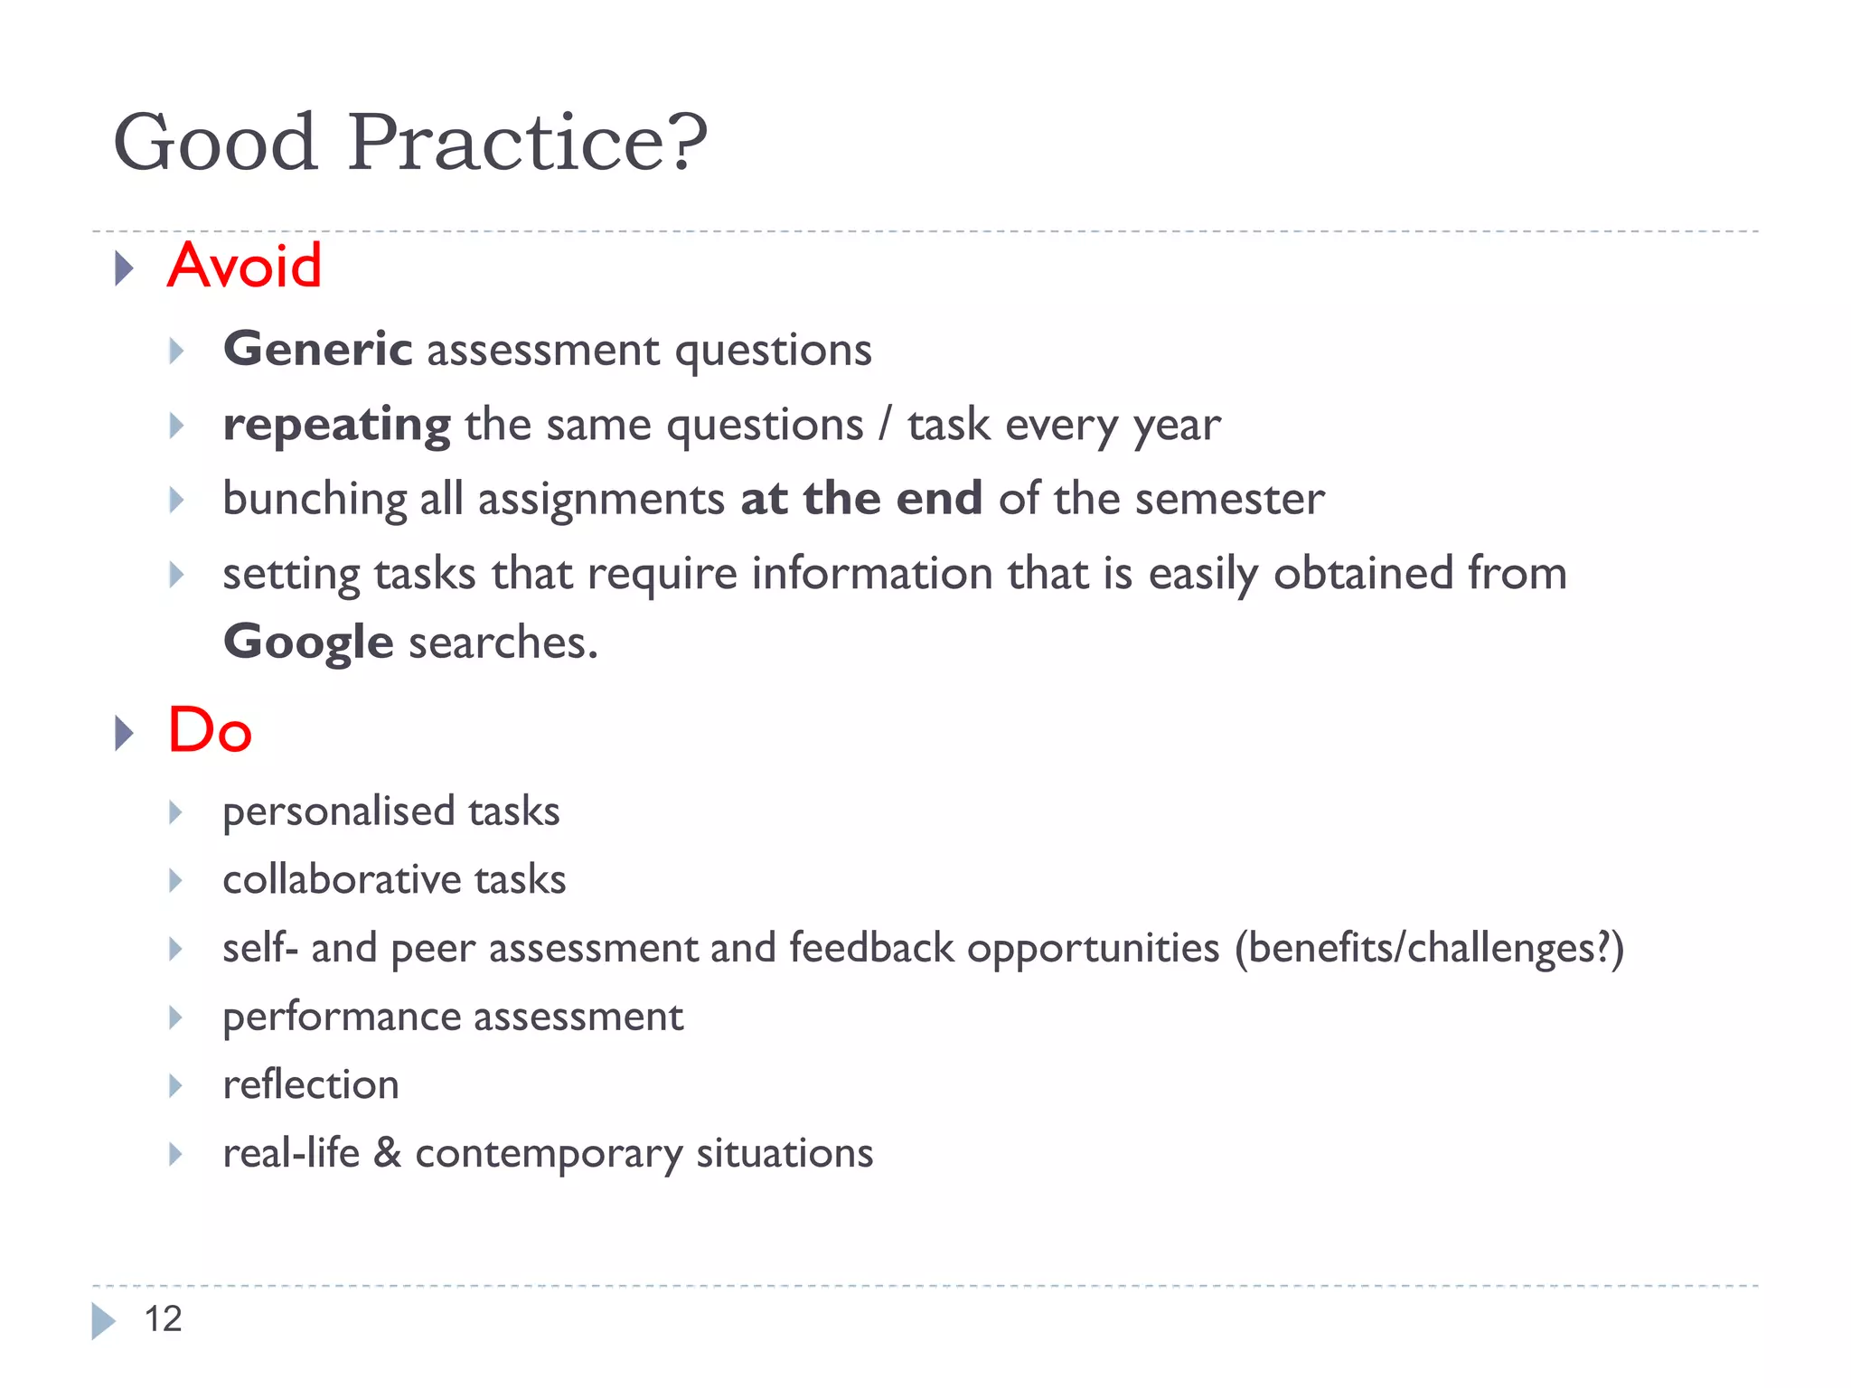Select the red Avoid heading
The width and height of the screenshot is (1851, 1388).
[x=244, y=266]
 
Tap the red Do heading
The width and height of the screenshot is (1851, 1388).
[x=210, y=730]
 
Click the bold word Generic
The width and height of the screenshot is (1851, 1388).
[x=317, y=350]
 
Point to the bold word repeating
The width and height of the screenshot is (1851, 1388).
[x=336, y=426]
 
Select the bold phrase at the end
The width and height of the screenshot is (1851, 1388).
[x=860, y=499]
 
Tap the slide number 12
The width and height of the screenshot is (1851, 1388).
[x=163, y=1319]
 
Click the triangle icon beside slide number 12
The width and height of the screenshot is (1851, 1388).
[x=103, y=1321]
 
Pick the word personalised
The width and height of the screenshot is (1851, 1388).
[x=338, y=811]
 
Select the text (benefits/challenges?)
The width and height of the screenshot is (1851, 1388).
[x=1429, y=949]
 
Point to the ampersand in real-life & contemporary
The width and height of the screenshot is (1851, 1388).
[x=387, y=1153]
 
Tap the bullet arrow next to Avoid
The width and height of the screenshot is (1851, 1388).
[x=124, y=268]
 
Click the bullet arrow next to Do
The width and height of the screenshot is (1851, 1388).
[x=124, y=733]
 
